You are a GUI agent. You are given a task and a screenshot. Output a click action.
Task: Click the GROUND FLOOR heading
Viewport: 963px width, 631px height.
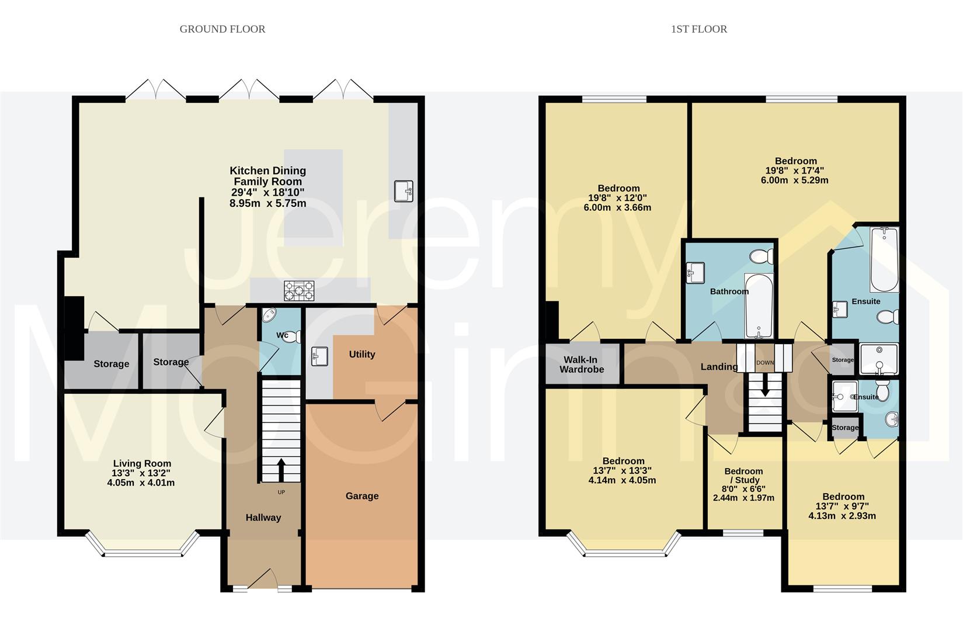coord(223,29)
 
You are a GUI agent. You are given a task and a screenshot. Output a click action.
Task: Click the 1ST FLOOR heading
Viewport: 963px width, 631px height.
coord(699,29)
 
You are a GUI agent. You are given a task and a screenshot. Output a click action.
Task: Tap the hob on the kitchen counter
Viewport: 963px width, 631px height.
coord(299,290)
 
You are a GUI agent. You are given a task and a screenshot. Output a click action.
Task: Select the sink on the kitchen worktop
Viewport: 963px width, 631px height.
coord(404,192)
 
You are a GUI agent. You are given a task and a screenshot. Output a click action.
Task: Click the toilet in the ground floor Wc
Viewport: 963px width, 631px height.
coord(293,337)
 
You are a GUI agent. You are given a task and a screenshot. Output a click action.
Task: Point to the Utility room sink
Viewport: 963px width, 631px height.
coord(319,356)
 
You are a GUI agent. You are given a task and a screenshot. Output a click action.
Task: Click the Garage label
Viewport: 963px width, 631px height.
coord(362,496)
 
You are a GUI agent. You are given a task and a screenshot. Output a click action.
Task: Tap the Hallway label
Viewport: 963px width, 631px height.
coord(263,518)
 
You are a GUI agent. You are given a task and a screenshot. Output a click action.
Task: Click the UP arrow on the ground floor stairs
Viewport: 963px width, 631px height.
coord(281,470)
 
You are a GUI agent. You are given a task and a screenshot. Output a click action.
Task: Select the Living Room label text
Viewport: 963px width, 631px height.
coord(142,463)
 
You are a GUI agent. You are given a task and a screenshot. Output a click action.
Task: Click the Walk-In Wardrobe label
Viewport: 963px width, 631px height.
coord(581,365)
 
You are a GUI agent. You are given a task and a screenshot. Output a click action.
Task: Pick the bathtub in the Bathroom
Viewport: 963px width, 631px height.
coord(759,306)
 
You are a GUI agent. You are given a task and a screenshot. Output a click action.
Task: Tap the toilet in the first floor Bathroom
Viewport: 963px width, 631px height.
coord(762,257)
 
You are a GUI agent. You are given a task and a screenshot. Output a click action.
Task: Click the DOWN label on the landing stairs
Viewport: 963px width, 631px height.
coord(765,363)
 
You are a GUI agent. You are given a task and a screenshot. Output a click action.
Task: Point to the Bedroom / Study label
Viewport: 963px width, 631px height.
coord(743,475)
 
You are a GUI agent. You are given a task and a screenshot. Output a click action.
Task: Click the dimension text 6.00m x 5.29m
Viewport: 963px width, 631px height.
coord(794,180)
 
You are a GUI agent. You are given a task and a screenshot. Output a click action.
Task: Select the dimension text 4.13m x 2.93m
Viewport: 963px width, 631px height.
coord(842,516)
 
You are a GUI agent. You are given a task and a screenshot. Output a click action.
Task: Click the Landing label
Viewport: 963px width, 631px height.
coord(719,366)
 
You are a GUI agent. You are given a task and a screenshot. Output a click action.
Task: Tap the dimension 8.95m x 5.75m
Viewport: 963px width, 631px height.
coord(268,203)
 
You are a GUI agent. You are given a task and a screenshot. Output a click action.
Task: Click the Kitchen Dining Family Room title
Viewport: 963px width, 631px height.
coord(268,176)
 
